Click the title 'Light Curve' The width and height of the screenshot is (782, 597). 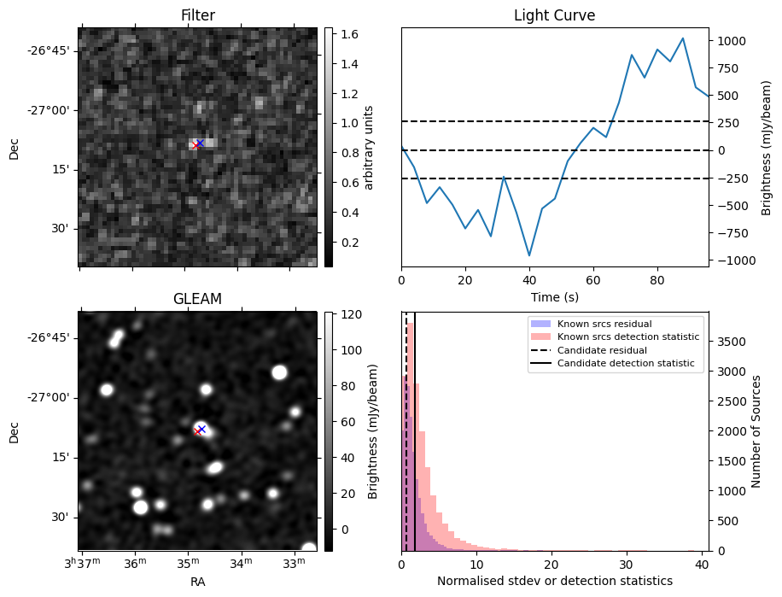click(x=555, y=15)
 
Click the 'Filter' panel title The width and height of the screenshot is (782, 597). click(x=198, y=15)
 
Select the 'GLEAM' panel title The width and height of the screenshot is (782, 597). click(x=197, y=299)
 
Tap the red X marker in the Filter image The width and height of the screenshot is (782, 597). click(x=195, y=145)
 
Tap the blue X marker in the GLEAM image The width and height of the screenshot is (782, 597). click(x=201, y=429)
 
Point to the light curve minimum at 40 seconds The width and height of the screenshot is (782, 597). click(x=529, y=255)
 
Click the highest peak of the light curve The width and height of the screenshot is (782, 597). click(x=683, y=38)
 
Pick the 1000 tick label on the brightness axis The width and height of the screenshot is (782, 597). click(x=732, y=41)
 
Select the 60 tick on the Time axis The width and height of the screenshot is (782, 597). click(x=593, y=280)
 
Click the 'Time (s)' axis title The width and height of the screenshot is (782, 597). click(x=555, y=297)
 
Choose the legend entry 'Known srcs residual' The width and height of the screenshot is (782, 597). click(x=604, y=324)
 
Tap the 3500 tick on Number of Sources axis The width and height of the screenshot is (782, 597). click(x=732, y=342)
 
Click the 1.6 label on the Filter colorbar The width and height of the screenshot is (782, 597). click(x=349, y=34)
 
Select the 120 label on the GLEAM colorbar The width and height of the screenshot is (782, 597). click(x=351, y=314)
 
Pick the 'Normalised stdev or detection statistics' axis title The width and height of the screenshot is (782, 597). click(x=555, y=581)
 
